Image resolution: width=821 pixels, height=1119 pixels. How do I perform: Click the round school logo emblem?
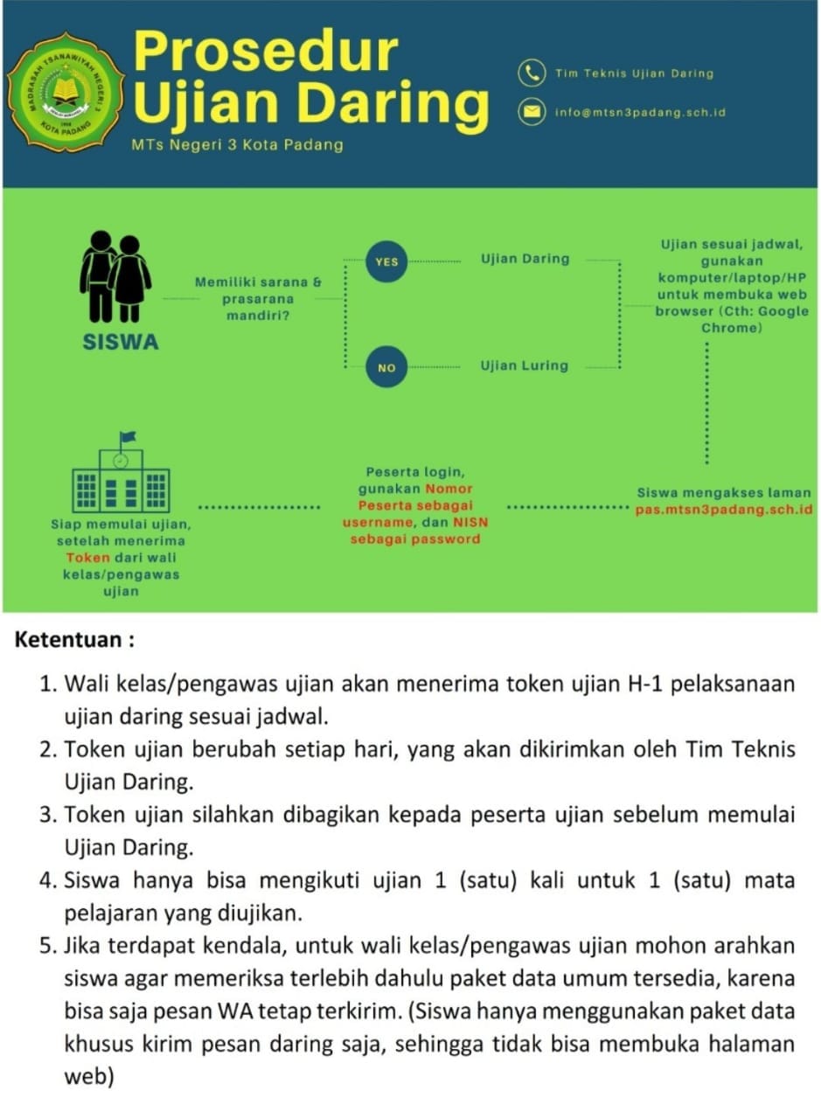[x=65, y=93]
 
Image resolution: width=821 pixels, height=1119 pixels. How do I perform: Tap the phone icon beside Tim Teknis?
[x=531, y=73]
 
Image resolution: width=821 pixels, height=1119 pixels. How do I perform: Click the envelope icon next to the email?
[x=531, y=112]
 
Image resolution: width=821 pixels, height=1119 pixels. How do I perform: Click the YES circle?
[x=386, y=261]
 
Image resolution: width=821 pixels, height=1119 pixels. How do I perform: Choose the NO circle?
[x=386, y=368]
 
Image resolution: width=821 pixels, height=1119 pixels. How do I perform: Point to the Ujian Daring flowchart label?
[x=525, y=259]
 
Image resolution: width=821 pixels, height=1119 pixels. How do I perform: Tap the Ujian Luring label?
[x=524, y=365]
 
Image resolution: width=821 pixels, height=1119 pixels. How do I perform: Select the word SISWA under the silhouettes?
[x=121, y=343]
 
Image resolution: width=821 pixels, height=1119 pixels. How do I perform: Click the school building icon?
[x=122, y=474]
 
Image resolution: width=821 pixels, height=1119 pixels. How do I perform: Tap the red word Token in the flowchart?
[x=88, y=558]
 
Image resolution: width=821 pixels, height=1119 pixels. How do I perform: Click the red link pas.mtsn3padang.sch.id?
[x=725, y=509]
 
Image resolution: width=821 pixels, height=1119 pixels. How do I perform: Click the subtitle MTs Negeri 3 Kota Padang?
[x=237, y=145]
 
